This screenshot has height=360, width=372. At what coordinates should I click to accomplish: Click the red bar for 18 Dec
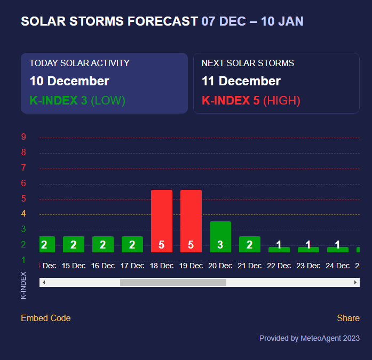[x=162, y=221]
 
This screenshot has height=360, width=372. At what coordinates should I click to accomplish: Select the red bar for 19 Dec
[x=191, y=221]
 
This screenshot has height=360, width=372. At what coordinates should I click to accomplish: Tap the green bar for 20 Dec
[x=220, y=237]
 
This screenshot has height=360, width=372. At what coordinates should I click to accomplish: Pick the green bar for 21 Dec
[x=250, y=244]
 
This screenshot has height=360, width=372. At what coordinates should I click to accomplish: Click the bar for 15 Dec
[x=74, y=244]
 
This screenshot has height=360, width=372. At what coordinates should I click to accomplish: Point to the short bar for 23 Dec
[x=308, y=250]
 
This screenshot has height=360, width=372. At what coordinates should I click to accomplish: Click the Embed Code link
[x=46, y=318]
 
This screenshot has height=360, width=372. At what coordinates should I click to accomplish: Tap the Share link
[x=349, y=318]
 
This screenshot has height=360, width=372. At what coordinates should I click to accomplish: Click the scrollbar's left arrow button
[x=44, y=282]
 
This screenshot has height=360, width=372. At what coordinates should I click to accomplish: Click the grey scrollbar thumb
[x=173, y=282]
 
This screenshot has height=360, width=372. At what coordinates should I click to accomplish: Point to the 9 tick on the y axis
[x=23, y=137]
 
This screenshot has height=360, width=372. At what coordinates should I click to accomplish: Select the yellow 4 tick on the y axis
[x=23, y=213]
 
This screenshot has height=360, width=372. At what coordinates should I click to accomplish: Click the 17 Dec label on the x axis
[x=132, y=266]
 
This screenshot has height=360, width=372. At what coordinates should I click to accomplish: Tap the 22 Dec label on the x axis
[x=279, y=266]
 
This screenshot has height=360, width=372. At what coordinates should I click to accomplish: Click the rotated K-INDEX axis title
[x=23, y=285]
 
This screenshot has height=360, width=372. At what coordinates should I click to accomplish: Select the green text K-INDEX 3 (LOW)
[x=77, y=100]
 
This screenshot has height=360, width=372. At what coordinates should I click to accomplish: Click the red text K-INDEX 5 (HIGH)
[x=251, y=100]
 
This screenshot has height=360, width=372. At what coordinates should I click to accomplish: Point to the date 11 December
[x=241, y=81]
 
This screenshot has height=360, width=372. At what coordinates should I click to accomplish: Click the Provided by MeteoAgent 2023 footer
[x=310, y=338]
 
